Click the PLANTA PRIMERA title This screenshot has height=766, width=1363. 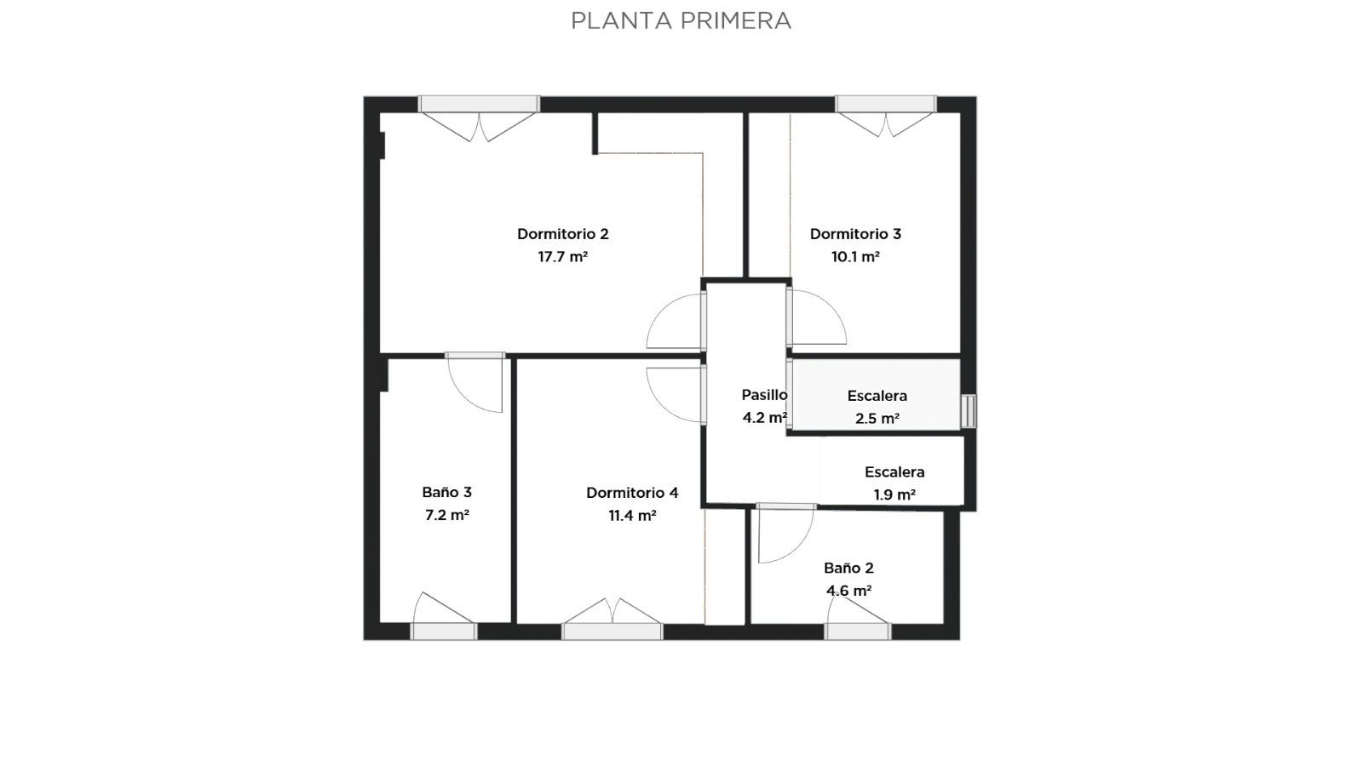[681, 20]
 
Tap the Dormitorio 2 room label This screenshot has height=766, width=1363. [563, 234]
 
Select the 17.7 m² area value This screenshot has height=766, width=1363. [563, 256]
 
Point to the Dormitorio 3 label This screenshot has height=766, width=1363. [855, 234]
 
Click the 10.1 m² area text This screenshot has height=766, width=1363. [855, 256]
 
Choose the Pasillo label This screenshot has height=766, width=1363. [764, 395]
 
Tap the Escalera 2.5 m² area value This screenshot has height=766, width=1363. [877, 418]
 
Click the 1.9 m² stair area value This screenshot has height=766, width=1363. [894, 494]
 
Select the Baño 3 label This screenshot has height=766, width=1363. [447, 493]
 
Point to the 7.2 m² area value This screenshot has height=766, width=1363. [447, 516]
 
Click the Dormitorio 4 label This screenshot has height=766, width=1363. [632, 493]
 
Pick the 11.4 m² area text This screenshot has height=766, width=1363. [632, 516]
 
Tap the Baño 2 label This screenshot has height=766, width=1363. [848, 569]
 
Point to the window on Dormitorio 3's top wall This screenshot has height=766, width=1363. [885, 104]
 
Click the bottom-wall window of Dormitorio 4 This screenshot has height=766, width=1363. [612, 632]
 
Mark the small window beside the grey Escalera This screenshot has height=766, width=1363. [968, 411]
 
